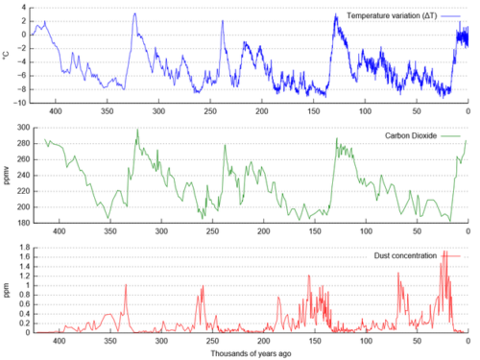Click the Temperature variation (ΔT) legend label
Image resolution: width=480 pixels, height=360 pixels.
(x=392, y=15)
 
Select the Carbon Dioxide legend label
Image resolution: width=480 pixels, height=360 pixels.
(x=411, y=135)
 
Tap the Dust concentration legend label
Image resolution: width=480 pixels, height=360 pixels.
(x=405, y=255)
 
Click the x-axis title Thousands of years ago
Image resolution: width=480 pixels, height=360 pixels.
(x=251, y=353)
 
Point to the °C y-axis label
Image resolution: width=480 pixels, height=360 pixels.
(x=7, y=55)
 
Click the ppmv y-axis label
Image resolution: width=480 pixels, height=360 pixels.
(x=7, y=176)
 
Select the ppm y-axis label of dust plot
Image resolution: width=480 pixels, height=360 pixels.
(x=7, y=290)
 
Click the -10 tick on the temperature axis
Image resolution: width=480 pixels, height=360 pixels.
(x=19, y=103)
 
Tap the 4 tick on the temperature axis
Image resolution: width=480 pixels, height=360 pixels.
(x=24, y=8)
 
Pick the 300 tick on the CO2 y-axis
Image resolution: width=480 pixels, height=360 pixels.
(x=23, y=128)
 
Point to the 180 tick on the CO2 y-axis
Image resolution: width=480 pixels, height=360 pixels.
(x=23, y=223)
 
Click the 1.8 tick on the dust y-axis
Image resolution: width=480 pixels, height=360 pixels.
(x=25, y=248)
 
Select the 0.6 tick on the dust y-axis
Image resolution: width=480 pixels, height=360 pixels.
(x=25, y=304)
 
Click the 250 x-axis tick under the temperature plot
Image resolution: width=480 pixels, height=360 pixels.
(x=210, y=111)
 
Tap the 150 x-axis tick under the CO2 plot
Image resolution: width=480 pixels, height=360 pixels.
(x=315, y=231)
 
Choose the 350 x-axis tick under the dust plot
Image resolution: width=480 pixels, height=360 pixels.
(x=110, y=341)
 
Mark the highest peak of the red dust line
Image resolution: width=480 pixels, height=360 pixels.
(x=444, y=252)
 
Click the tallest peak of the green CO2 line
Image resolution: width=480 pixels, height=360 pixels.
(x=138, y=130)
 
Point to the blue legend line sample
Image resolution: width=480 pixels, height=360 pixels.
(x=450, y=16)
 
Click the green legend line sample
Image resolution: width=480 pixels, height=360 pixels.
(x=450, y=136)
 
